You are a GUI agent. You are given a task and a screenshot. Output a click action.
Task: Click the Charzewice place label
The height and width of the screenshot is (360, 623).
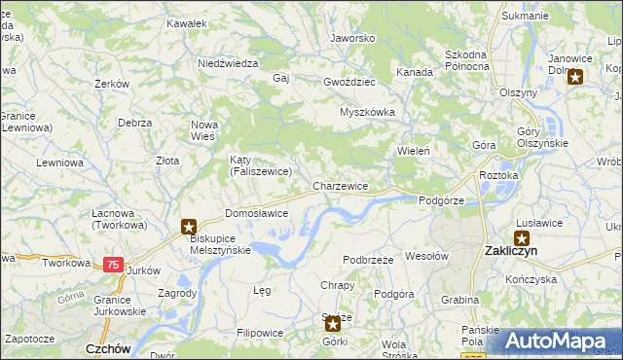tap(340, 185)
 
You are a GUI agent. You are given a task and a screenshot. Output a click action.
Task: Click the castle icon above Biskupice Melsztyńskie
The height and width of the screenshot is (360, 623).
tap(189, 227)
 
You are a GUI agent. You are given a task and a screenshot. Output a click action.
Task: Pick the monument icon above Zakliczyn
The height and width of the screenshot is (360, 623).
tap(522, 236)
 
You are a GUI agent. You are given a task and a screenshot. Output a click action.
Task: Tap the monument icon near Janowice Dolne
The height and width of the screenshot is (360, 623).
tap(575, 79)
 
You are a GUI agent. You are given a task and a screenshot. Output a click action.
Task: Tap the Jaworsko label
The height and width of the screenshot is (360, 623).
tap(352, 38)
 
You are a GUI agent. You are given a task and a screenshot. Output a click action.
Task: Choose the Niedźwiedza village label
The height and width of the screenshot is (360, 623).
tap(227, 62)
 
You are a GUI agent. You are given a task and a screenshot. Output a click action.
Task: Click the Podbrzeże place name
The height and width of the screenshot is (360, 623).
tap(368, 260)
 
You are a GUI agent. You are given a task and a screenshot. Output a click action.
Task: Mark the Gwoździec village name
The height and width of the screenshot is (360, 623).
tap(349, 82)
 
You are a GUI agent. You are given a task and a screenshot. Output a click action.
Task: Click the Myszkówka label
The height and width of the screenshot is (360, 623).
tap(367, 112)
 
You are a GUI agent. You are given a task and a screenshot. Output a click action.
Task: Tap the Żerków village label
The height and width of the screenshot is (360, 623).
tap(113, 84)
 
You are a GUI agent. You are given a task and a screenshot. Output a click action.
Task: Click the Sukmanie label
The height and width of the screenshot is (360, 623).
tap(525, 17)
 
